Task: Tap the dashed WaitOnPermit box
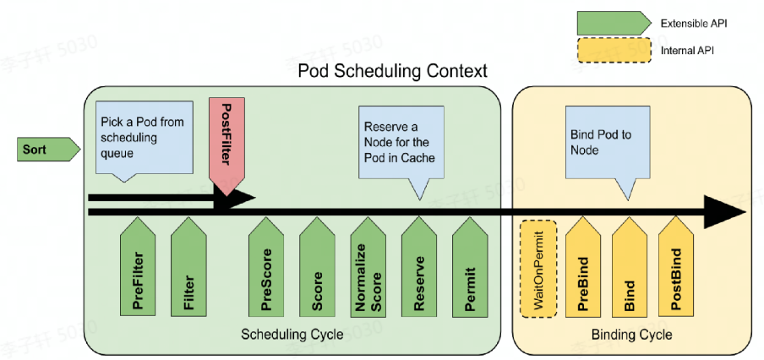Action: (538, 269)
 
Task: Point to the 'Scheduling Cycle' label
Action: (292, 335)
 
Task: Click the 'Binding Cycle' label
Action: (631, 335)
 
